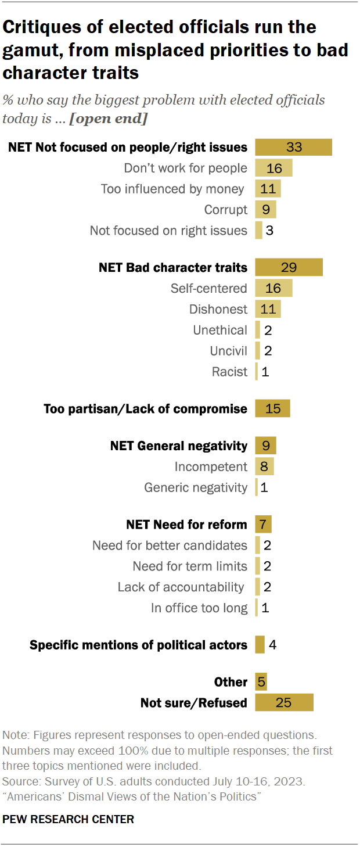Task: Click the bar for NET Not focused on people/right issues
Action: click(x=293, y=148)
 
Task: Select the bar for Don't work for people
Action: click(x=273, y=168)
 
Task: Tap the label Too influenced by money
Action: click(x=172, y=189)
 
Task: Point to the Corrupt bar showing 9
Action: click(x=265, y=210)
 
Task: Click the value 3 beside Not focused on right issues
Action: click(x=269, y=231)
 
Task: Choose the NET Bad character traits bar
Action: click(x=289, y=268)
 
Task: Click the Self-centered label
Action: click(x=208, y=289)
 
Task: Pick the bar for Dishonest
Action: click(x=268, y=310)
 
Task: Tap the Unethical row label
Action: click(x=220, y=331)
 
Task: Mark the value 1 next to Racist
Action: click(x=265, y=372)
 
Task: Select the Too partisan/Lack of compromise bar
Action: click(x=272, y=409)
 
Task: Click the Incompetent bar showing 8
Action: click(x=264, y=466)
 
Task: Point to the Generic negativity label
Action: click(x=196, y=487)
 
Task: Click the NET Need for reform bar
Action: click(x=263, y=525)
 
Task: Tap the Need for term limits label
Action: click(x=190, y=566)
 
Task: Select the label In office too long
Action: click(x=199, y=608)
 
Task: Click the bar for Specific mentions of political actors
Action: click(x=260, y=645)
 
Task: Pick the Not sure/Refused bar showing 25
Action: click(x=284, y=703)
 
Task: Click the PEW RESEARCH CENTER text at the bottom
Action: click(x=69, y=820)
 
